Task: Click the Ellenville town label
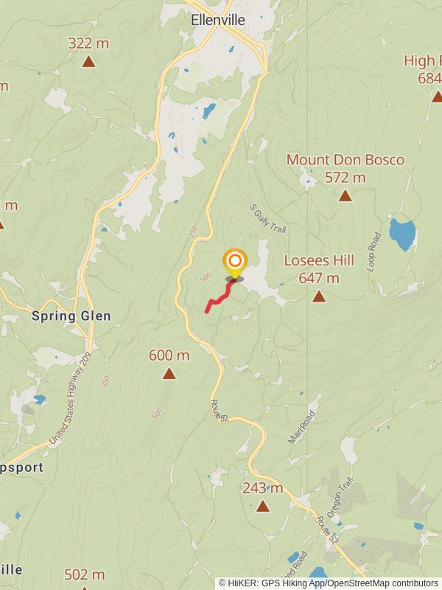(217, 21)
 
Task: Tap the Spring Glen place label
(71, 316)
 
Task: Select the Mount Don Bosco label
(345, 160)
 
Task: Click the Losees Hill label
(319, 260)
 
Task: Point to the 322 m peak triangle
(88, 62)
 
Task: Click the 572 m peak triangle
(345, 195)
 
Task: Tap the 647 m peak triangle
(319, 296)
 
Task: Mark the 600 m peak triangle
(169, 373)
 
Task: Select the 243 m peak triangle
(262, 506)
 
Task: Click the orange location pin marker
(235, 263)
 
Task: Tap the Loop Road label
(373, 252)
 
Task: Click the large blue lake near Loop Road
(403, 234)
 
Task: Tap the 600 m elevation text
(169, 355)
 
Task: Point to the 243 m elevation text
(262, 488)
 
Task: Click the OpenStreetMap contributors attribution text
(376, 583)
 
